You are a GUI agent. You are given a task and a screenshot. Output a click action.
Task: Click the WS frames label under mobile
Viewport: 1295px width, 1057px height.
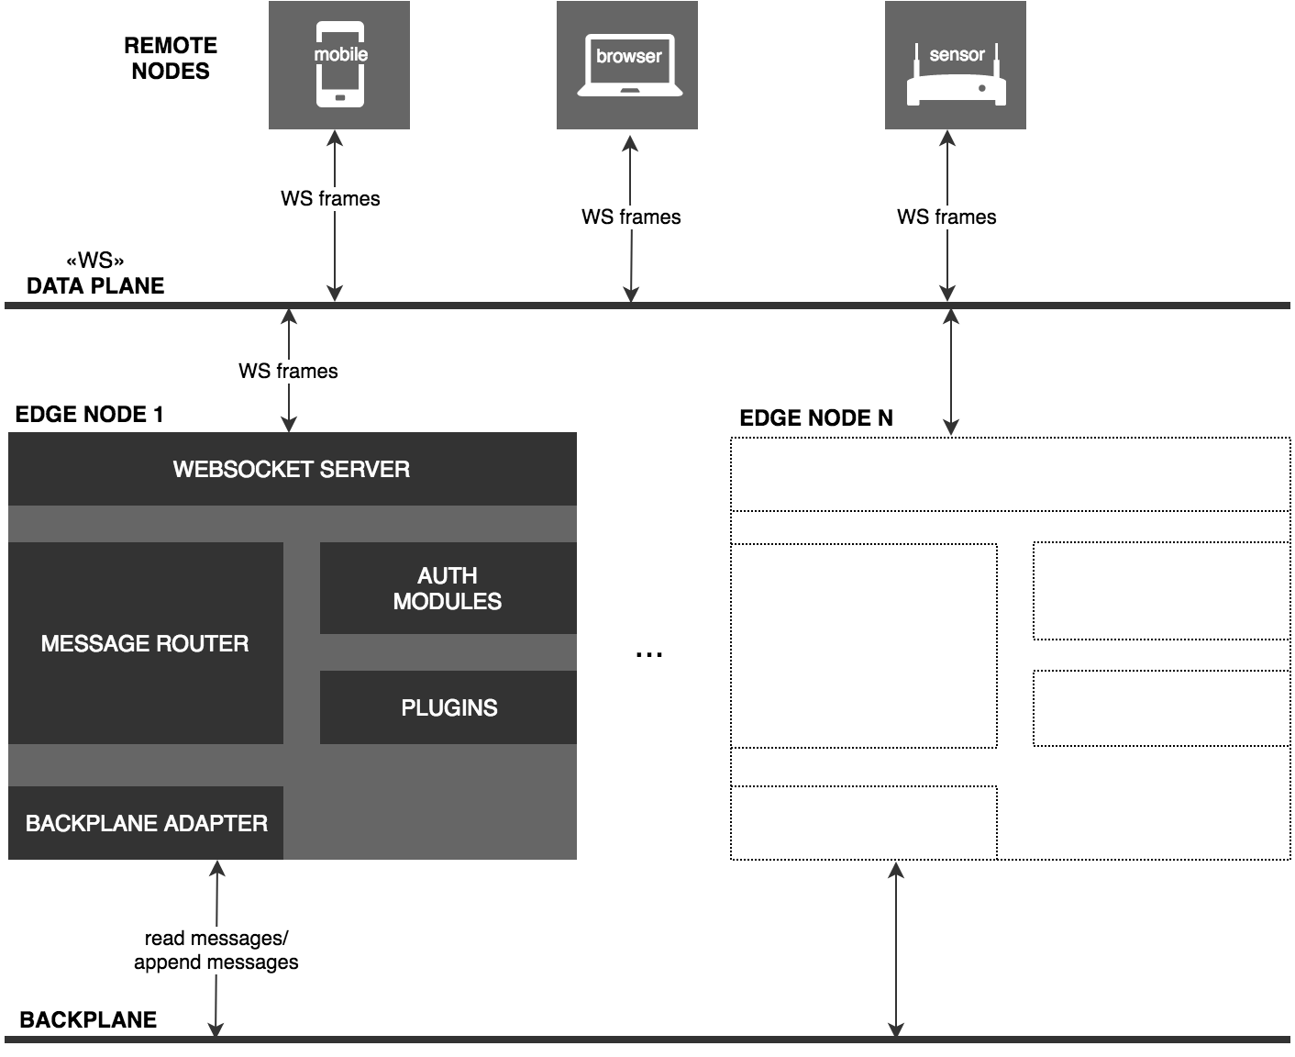(x=330, y=198)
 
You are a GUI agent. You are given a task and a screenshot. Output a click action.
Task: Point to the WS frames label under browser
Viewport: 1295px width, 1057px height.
(x=631, y=217)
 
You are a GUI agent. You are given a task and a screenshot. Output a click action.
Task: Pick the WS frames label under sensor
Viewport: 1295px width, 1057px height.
(x=946, y=217)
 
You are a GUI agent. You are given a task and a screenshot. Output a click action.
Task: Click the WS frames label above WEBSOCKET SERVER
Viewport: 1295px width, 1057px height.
(x=288, y=371)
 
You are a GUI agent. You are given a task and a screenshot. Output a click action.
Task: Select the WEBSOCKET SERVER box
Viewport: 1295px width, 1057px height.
(x=292, y=469)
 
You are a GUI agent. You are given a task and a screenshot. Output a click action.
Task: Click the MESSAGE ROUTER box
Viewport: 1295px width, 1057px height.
(x=145, y=643)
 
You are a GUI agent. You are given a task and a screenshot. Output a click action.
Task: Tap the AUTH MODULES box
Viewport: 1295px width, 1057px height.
(x=448, y=588)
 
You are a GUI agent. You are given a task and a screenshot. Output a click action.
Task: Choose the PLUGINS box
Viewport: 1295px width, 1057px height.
(x=448, y=707)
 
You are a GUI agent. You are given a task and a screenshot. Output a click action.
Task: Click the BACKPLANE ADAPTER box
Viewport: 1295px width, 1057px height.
(x=146, y=823)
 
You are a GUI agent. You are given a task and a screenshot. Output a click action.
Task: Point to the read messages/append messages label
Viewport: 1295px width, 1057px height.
(x=216, y=950)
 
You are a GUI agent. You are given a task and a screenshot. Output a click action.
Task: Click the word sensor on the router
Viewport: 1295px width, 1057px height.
(x=957, y=54)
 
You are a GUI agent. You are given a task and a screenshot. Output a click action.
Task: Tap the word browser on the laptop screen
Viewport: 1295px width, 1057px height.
(x=629, y=56)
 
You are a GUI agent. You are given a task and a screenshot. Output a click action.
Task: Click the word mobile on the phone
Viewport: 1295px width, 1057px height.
(x=340, y=54)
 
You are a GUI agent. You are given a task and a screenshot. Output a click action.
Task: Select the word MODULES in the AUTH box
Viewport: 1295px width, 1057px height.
(x=448, y=602)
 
